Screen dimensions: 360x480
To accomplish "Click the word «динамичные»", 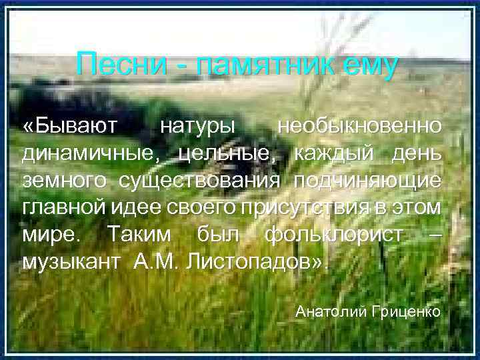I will [90, 153].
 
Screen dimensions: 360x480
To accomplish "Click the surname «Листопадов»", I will [261, 262].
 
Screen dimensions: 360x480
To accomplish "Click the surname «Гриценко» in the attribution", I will [407, 311].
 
